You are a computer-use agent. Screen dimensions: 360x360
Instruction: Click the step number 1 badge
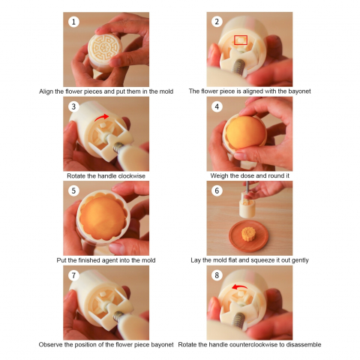(x=73, y=22)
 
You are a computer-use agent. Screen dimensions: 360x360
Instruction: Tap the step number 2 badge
(x=217, y=22)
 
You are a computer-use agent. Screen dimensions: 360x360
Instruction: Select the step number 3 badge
(x=73, y=106)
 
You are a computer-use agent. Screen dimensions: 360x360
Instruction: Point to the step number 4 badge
(x=217, y=106)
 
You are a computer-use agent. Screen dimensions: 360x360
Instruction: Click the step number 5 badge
(x=73, y=190)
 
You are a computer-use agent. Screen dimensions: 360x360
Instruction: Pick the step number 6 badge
(x=217, y=190)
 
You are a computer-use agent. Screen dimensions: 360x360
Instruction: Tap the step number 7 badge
(x=73, y=275)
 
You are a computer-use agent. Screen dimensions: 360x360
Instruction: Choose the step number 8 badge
(x=217, y=275)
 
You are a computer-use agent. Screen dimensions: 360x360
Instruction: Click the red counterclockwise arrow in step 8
(x=238, y=286)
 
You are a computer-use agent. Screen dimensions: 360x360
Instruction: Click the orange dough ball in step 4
(x=245, y=133)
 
